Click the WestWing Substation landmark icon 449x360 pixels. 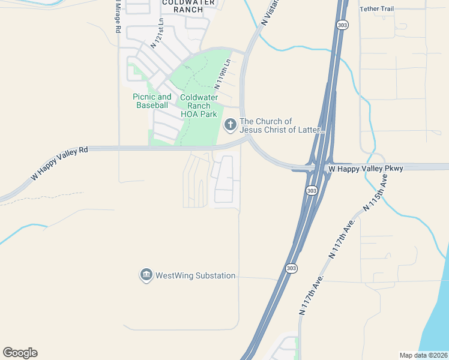pyautogui.click(x=146, y=275)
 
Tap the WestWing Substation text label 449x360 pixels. pyautogui.click(x=195, y=276)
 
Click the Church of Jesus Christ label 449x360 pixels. pyautogui.click(x=282, y=125)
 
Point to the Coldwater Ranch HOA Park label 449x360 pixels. pyautogui.click(x=199, y=106)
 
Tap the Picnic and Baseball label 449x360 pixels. pyautogui.click(x=152, y=101)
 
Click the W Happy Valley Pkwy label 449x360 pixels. pyautogui.click(x=365, y=169)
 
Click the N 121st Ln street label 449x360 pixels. pyautogui.click(x=157, y=32)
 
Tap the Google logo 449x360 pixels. pyautogui.click(x=20, y=353)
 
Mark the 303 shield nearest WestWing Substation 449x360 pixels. pyautogui.click(x=291, y=268)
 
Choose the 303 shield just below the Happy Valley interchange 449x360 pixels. pyautogui.click(x=311, y=190)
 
